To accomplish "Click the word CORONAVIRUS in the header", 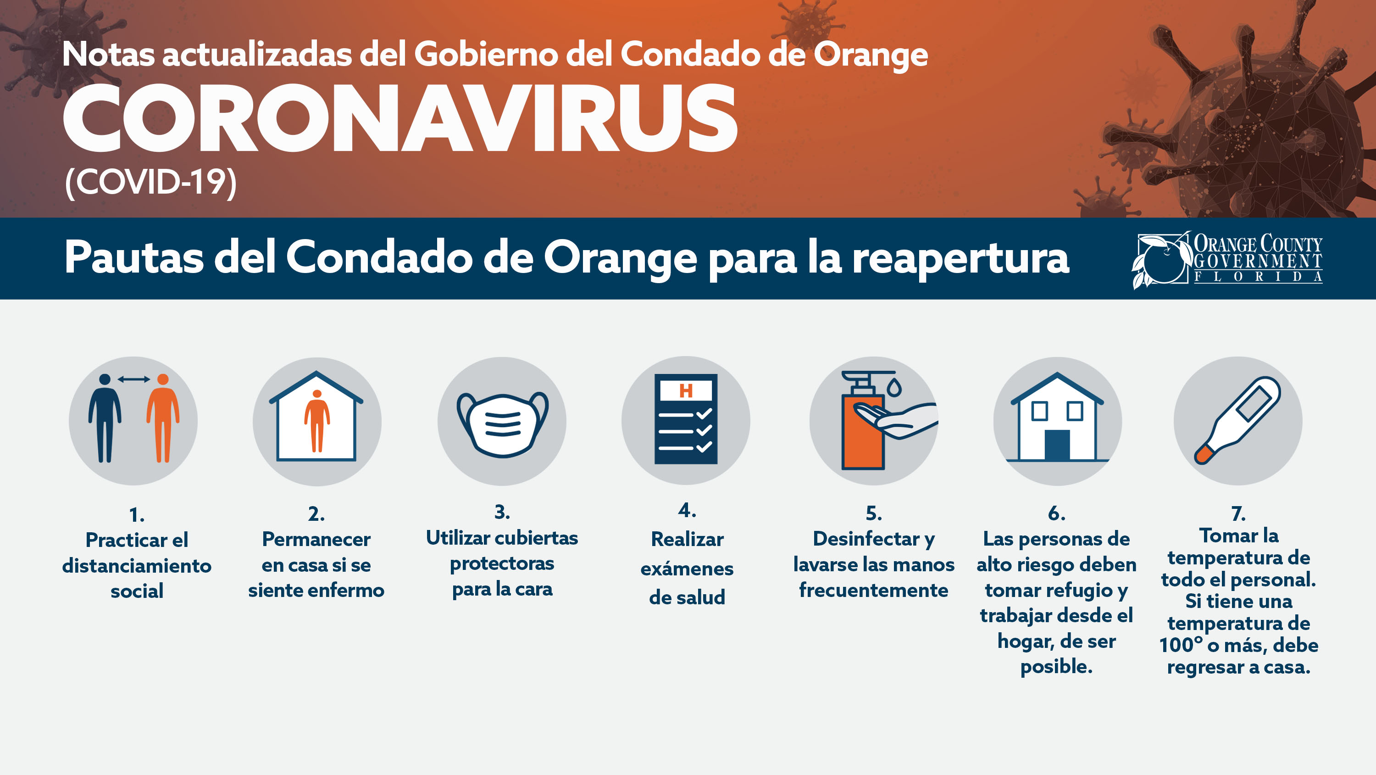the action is tap(400, 118).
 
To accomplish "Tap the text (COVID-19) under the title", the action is tap(150, 182).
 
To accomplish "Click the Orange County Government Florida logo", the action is tap(1227, 260).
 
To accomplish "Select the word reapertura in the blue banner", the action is tap(960, 259).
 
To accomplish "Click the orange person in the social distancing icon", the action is tap(163, 418).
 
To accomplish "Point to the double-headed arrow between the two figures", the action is tap(133, 379).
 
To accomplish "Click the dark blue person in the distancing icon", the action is tap(105, 418).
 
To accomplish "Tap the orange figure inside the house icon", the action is tap(317, 421).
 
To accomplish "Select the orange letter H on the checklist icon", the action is tap(686, 390).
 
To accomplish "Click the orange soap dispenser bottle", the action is tap(862, 422).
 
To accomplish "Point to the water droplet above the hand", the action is tap(894, 386).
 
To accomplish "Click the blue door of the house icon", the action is tap(1057, 445).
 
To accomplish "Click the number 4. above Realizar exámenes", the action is tap(687, 510).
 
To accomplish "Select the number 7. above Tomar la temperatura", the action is tap(1239, 513).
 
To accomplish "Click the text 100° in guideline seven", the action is tap(1181, 645).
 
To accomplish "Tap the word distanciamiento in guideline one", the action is tap(137, 565).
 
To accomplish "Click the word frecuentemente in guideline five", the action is tap(874, 590).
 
